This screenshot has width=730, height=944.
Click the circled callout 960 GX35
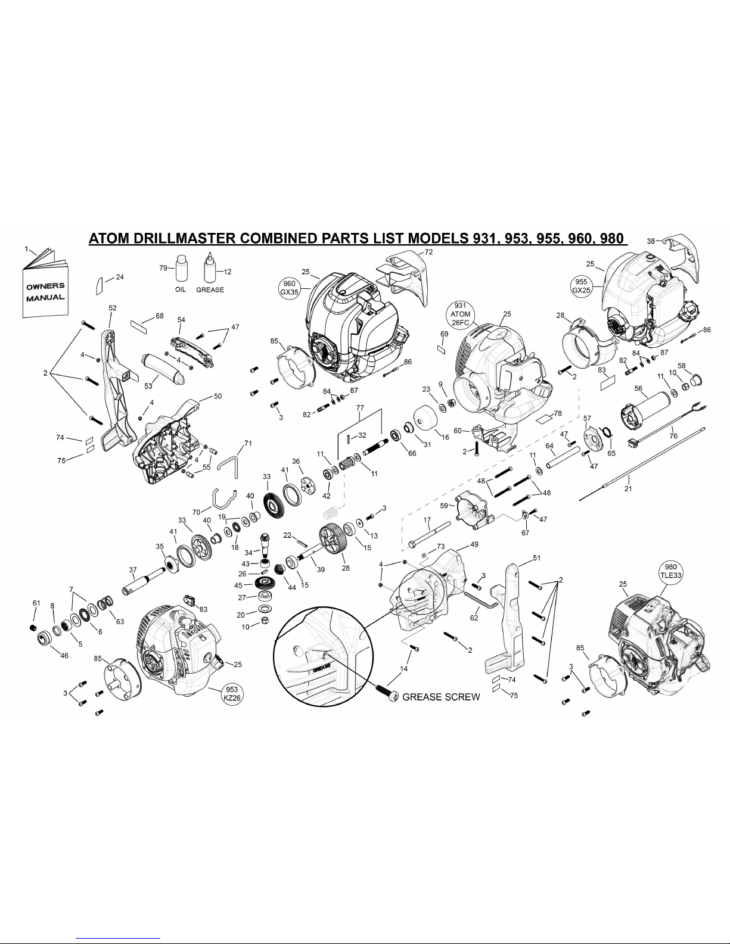point(290,288)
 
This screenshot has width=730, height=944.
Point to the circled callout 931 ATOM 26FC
point(461,314)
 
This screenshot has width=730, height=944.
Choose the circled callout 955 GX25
point(581,285)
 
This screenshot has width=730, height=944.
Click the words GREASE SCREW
point(441,697)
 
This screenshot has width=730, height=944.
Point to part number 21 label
point(628,489)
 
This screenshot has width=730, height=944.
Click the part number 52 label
point(113,308)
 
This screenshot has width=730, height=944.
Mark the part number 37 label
point(133,569)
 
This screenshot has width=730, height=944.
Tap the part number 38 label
point(651,241)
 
